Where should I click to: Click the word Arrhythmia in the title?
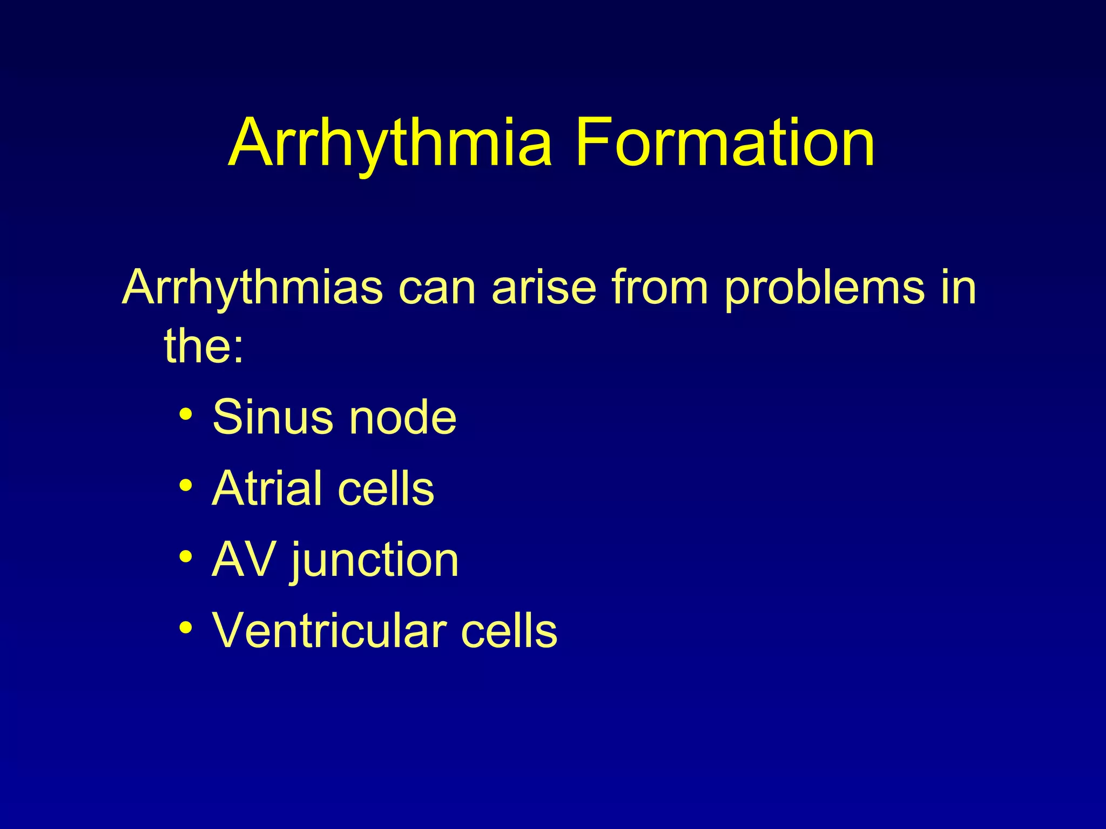tap(390, 144)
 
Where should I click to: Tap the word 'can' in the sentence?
tap(437, 288)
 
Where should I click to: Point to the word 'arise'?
tap(544, 288)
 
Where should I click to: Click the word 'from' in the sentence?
tap(659, 288)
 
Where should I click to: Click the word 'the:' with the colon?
tap(204, 345)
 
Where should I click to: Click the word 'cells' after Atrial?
tap(386, 488)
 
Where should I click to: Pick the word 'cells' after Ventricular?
tap(509, 630)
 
